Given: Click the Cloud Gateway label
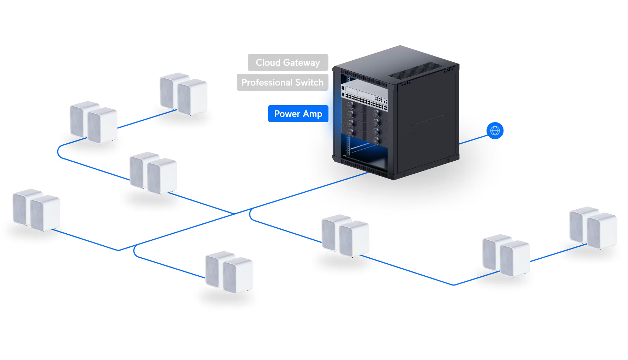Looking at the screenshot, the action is click(x=288, y=62).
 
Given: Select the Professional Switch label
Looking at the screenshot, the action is click(x=283, y=82).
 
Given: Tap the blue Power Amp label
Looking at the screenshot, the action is click(x=298, y=114).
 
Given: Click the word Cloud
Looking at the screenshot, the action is click(x=268, y=62).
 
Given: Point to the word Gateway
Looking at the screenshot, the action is click(x=302, y=63).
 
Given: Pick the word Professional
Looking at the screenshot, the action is click(x=267, y=82).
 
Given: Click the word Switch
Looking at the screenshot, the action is click(x=309, y=82).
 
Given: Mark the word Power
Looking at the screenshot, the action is click(x=287, y=114).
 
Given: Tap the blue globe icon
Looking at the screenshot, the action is click(x=495, y=131).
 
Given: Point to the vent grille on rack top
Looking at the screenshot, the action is click(x=416, y=71).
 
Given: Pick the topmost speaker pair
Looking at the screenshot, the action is click(x=183, y=94).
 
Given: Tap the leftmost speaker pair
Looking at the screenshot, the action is click(x=36, y=210).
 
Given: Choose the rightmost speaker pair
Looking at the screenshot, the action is click(x=593, y=228).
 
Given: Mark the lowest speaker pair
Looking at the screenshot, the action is click(x=229, y=272).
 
